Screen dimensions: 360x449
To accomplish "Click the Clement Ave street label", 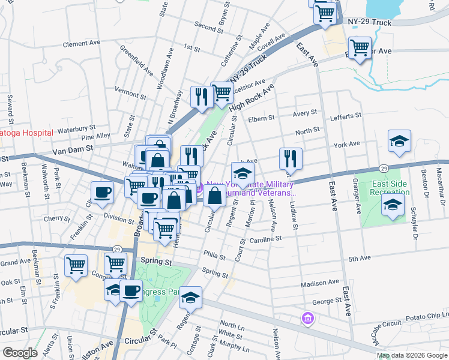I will click(x=82, y=44).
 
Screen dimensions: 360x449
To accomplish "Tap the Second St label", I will click(x=209, y=26).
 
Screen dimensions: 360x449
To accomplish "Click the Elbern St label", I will click(x=262, y=118).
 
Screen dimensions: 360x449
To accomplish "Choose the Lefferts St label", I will click(x=346, y=115).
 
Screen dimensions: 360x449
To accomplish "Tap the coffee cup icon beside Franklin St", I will click(x=102, y=192).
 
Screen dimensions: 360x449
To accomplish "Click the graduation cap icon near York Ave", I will click(x=399, y=141).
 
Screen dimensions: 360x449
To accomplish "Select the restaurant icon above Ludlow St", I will click(x=291, y=158).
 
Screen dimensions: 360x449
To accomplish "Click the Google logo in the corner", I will click(x=20, y=353).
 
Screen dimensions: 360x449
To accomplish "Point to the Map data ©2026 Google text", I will click(x=412, y=355).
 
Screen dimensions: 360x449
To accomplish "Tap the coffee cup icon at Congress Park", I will click(x=130, y=291).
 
